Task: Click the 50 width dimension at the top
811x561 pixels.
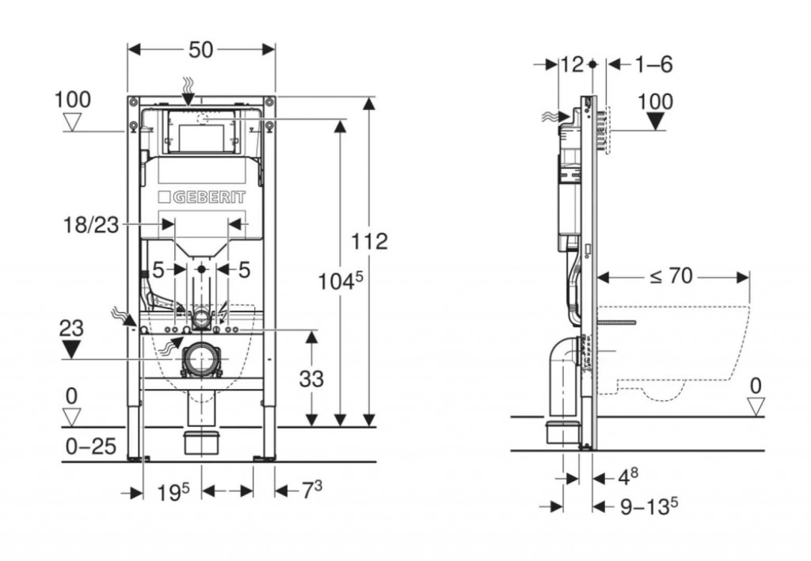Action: [201, 49]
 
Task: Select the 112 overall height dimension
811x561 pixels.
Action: [370, 240]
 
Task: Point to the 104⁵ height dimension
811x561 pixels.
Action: [340, 280]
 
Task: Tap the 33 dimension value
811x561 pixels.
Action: [311, 379]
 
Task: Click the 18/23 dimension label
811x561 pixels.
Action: [91, 225]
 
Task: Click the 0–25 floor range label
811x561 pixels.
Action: [89, 447]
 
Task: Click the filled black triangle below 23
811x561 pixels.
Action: [72, 349]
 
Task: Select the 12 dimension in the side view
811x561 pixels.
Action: [570, 64]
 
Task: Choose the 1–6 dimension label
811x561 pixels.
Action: [653, 64]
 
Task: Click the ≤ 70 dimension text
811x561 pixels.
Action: [672, 276]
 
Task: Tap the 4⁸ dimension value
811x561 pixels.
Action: [627, 476]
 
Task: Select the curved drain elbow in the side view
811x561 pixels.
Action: [560, 361]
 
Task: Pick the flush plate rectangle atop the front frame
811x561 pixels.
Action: [201, 132]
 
